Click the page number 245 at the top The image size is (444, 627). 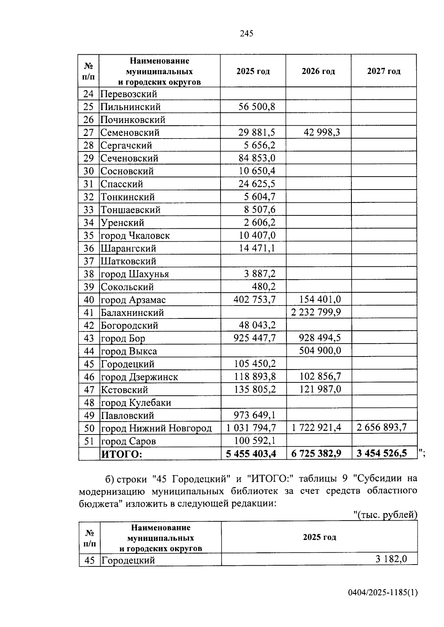tap(246, 34)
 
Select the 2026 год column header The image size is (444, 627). tap(318, 71)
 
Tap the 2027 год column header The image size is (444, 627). tap(384, 71)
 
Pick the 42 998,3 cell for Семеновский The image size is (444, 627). tap(322, 132)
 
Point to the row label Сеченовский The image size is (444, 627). tap(129, 159)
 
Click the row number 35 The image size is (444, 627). tap(89, 236)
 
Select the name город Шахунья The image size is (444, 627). tap(135, 274)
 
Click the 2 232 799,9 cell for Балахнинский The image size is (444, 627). tap(316, 313)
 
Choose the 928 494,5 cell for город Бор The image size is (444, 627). tap(320, 338)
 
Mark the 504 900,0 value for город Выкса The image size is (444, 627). tap(320, 351)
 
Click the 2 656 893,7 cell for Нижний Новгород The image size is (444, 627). tap(381, 428)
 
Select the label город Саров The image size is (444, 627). tap(128, 441)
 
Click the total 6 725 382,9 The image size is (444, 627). tap(316, 454)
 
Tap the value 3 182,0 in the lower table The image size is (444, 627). tap(391, 559)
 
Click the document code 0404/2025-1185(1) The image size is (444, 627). tap(383, 603)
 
